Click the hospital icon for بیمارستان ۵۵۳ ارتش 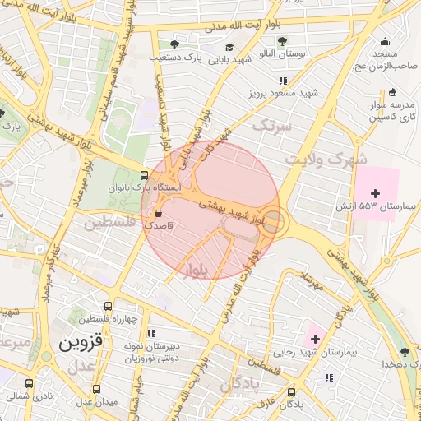(376, 192)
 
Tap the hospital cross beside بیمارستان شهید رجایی (315, 338)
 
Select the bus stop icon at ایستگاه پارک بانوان (146, 175)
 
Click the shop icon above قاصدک (158, 212)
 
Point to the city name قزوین (79, 343)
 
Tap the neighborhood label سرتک (272, 126)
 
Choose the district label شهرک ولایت (326, 158)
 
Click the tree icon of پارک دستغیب (173, 44)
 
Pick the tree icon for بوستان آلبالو (282, 40)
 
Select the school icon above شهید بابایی (230, 47)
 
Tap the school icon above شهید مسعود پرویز (283, 81)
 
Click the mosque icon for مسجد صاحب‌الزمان (385, 42)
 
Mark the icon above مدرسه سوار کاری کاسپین (392, 92)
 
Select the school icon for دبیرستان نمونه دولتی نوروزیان (151, 333)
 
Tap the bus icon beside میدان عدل (97, 389)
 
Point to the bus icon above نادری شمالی (30, 382)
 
